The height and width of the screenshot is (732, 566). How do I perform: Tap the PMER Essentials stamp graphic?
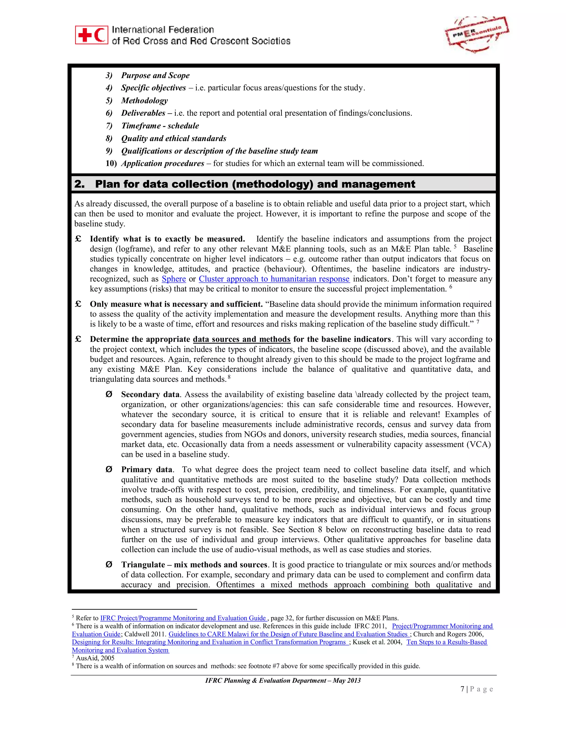coord(477,34)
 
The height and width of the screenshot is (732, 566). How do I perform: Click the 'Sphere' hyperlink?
coord(174,279)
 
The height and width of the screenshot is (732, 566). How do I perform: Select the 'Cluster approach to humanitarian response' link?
coord(274,279)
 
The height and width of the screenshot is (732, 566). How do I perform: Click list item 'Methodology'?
coord(144,101)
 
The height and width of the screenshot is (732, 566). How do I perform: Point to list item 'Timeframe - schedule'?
coord(160,126)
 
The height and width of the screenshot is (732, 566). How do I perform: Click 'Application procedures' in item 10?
coord(163,164)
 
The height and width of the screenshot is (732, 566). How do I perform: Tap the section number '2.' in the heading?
coord(80,184)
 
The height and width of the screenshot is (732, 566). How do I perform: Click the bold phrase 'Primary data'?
coord(146,470)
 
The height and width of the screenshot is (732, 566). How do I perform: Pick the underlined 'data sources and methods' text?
coord(242,339)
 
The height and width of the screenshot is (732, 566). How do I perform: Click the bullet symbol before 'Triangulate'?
coord(109,565)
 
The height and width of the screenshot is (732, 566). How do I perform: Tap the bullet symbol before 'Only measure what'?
coord(78,304)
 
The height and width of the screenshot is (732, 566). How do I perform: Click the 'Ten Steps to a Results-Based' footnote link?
coord(447,642)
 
